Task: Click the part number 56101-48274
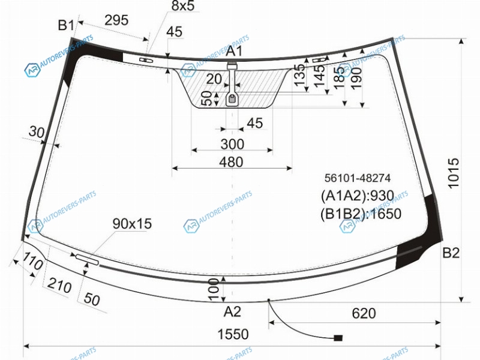click(357, 178)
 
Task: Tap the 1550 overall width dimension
click(233, 334)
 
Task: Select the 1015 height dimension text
click(454, 173)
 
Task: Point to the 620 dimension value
click(364, 313)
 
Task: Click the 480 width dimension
click(231, 162)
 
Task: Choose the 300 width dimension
click(232, 144)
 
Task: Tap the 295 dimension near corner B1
click(116, 20)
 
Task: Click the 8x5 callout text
click(183, 6)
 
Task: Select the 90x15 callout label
click(132, 224)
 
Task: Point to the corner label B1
click(66, 25)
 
